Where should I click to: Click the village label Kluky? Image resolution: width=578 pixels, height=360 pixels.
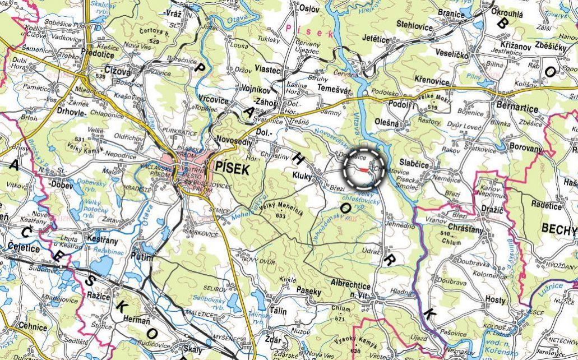tap(303, 176)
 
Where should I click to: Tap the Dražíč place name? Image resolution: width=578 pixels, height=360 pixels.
tap(491, 208)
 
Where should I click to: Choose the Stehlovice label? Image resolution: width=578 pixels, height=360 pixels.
tap(415, 24)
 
